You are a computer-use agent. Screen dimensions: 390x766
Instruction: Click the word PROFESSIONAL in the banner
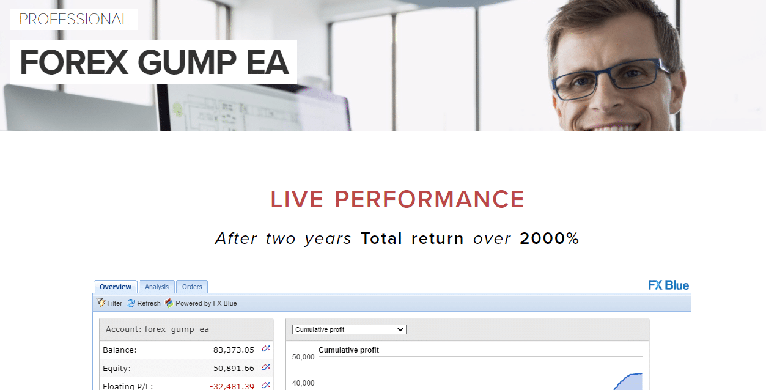pos(74,20)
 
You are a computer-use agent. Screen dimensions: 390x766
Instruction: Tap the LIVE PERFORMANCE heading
pos(397,199)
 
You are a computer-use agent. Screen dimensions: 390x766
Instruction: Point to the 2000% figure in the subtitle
pos(549,238)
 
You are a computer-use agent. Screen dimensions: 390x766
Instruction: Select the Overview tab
pos(116,287)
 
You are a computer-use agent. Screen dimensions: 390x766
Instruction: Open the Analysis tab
pos(157,287)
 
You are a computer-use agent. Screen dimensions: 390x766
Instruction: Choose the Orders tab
pos(192,287)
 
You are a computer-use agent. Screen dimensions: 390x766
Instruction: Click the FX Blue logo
pos(668,285)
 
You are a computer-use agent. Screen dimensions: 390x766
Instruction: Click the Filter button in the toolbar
pos(110,303)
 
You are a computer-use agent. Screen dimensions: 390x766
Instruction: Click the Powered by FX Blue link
pos(201,303)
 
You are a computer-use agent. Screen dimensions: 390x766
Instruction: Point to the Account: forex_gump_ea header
pos(157,329)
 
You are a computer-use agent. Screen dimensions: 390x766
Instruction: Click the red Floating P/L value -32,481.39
pos(232,386)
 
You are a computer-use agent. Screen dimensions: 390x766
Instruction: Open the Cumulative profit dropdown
pos(349,329)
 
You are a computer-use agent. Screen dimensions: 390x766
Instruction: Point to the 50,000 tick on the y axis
pos(303,357)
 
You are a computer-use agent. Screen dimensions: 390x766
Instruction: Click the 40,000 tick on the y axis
pos(303,383)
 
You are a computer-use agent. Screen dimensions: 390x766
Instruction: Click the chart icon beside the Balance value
pos(265,349)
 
